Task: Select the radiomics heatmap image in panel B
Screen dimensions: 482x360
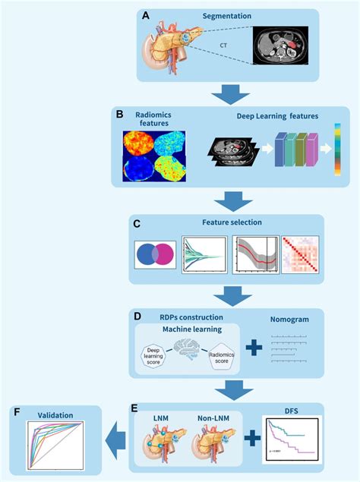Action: [x=155, y=158]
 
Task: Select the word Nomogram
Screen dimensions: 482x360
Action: [x=290, y=320]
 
